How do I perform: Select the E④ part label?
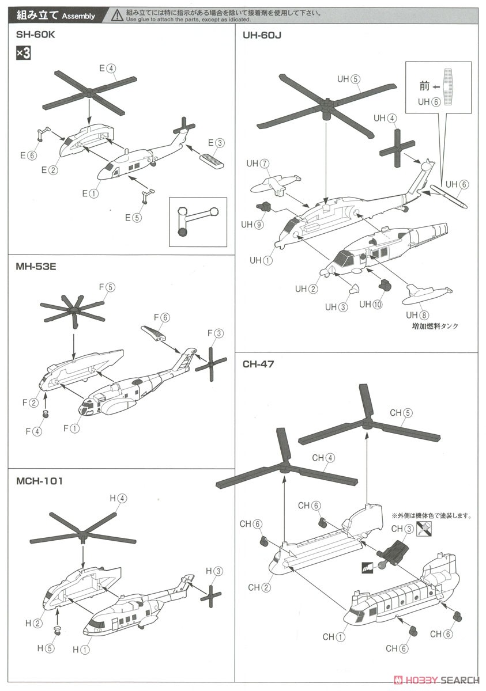pyautogui.click(x=107, y=68)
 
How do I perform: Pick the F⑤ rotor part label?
pyautogui.click(x=107, y=287)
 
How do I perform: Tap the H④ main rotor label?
pyautogui.click(x=118, y=499)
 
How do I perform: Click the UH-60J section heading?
pyautogui.click(x=262, y=35)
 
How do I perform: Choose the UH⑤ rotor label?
pyautogui.click(x=349, y=79)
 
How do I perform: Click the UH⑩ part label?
pyautogui.click(x=371, y=305)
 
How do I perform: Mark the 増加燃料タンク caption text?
pyautogui.click(x=427, y=326)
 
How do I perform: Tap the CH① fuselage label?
pyautogui.click(x=333, y=637)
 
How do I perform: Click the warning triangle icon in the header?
pyautogui.click(x=118, y=14)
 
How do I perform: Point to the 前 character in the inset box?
pyautogui.click(x=424, y=86)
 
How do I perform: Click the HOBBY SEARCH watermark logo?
pyautogui.click(x=442, y=681)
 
